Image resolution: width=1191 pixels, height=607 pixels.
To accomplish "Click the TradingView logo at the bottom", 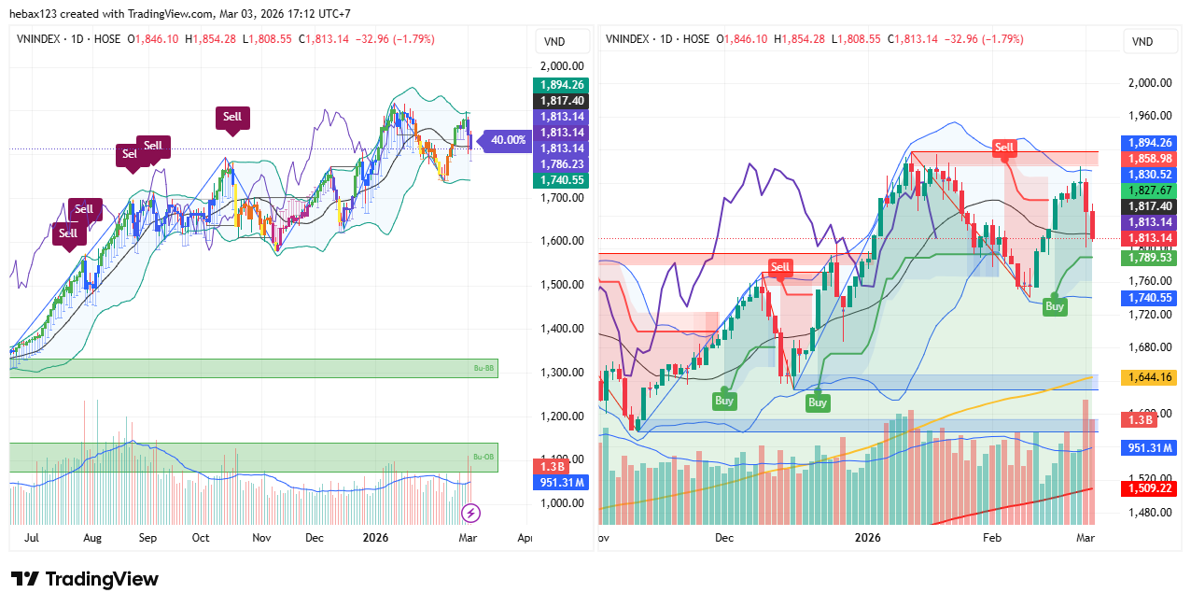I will click(x=85, y=579).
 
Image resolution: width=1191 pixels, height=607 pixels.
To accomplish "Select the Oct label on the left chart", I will click(x=201, y=538).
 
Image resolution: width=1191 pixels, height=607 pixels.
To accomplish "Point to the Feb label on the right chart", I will click(x=992, y=538).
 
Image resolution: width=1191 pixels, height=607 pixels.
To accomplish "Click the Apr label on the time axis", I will click(x=525, y=538).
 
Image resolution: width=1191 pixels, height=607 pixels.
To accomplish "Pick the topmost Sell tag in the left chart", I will click(x=232, y=118).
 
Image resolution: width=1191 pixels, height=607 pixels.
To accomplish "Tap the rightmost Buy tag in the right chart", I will click(x=1054, y=306).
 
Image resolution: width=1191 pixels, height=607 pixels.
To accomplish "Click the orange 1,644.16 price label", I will click(x=1149, y=377).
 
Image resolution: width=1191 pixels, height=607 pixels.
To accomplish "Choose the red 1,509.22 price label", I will click(x=1149, y=488).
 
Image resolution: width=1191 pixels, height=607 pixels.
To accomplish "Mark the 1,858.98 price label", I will click(x=1149, y=159).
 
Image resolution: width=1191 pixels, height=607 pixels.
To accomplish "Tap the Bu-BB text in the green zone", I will click(x=482, y=369).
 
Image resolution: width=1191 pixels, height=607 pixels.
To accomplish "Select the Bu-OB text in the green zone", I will click(x=482, y=457).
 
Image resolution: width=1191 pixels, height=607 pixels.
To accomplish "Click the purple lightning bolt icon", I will click(x=471, y=513).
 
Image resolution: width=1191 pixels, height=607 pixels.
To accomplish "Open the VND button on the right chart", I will click(x=1142, y=41).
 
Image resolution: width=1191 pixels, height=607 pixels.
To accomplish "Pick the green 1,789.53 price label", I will click(x=1149, y=257).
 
